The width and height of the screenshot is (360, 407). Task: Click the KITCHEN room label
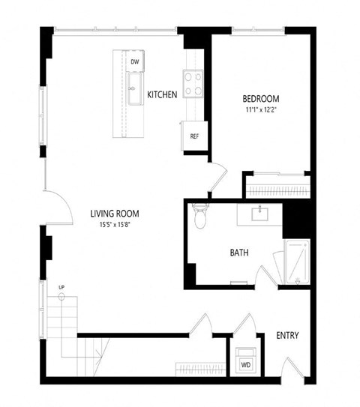click(x=162, y=94)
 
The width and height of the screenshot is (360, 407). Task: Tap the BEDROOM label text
click(x=260, y=99)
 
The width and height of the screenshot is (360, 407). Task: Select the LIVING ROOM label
click(x=115, y=213)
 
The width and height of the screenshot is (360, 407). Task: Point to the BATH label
click(x=239, y=253)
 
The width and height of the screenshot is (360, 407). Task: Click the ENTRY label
click(x=288, y=335)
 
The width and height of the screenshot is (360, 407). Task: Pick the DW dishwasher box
click(x=135, y=61)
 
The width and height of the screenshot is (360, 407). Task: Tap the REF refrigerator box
click(x=193, y=136)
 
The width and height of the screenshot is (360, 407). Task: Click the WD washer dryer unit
click(x=246, y=364)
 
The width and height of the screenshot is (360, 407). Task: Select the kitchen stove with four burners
click(x=193, y=83)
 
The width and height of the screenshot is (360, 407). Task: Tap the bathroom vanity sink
click(x=260, y=214)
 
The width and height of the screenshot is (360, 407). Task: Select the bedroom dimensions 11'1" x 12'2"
click(x=260, y=110)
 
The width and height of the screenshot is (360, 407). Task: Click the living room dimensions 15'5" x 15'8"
click(x=115, y=224)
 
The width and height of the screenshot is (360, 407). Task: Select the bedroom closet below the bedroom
click(x=277, y=184)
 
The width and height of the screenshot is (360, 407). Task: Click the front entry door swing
click(x=289, y=370)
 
